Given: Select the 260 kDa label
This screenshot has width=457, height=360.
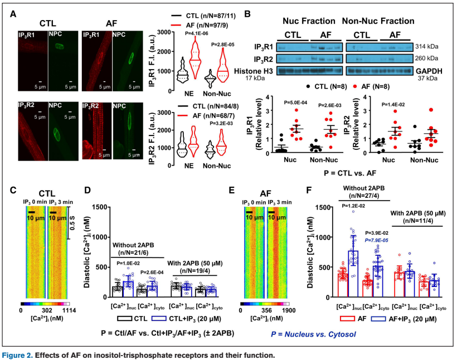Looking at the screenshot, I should click(426, 58).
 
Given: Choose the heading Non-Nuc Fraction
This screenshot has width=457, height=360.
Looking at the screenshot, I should click(378, 21).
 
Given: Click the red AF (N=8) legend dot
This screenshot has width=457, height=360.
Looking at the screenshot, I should click(353, 87).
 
